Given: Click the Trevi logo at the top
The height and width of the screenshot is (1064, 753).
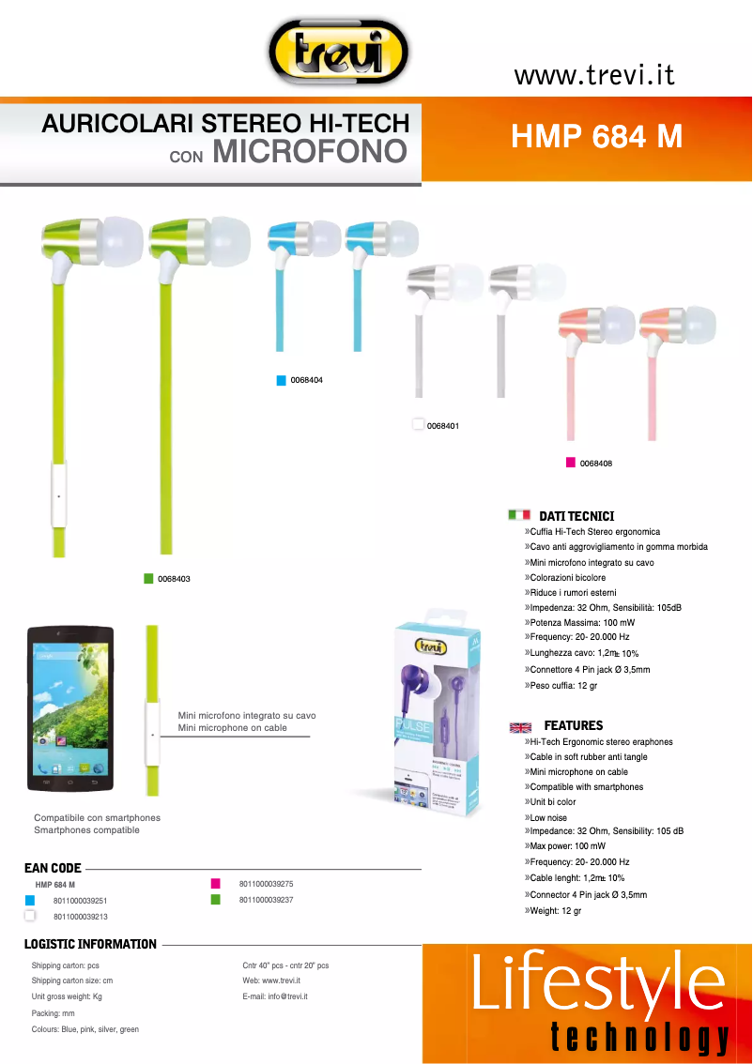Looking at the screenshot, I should (x=338, y=53).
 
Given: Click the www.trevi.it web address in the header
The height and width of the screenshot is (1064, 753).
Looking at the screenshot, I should (x=594, y=75).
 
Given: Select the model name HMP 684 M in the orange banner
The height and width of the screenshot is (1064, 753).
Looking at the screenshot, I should (x=596, y=137).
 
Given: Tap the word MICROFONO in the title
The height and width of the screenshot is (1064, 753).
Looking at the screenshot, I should (x=310, y=151).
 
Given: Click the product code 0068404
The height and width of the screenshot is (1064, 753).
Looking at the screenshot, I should (x=307, y=380).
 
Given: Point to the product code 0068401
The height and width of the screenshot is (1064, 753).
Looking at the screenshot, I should (x=442, y=426).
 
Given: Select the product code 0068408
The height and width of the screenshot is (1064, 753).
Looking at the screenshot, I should (x=596, y=463).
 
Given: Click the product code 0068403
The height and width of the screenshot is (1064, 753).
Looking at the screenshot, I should (x=174, y=579).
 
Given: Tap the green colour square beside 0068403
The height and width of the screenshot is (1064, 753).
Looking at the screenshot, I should (x=148, y=579).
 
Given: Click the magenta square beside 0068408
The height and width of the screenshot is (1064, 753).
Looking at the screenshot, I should (x=570, y=463).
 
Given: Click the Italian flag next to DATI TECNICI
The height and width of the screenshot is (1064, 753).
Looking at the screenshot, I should (x=519, y=515).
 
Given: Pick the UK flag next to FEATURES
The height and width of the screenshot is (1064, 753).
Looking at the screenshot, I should (x=520, y=726).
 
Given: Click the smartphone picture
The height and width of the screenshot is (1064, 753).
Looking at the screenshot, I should (x=70, y=707).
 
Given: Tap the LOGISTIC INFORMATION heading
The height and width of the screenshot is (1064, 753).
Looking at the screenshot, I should (x=90, y=944).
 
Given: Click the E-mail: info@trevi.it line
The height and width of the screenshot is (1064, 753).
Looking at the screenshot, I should (x=275, y=996).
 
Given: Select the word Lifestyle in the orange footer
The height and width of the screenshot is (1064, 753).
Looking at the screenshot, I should (x=598, y=982).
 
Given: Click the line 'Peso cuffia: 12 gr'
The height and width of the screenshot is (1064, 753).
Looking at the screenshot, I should (x=564, y=686).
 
